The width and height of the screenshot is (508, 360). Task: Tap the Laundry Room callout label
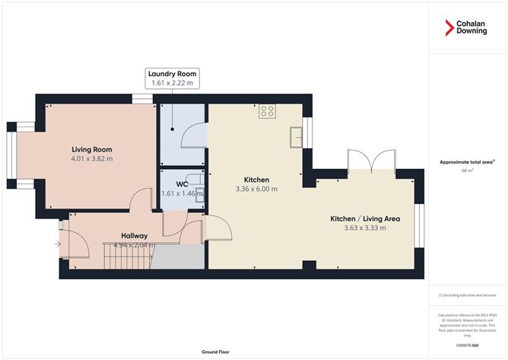172,78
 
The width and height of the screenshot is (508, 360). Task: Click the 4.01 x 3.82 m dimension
92,159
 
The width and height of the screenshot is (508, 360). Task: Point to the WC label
182,183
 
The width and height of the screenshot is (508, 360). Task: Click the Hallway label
134,235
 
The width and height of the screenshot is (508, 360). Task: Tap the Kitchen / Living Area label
365,218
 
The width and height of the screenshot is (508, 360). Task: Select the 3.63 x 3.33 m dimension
365,228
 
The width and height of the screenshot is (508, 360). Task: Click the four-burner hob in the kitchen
267,111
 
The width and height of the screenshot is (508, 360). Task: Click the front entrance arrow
58,244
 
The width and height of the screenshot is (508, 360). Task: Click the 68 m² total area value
468,170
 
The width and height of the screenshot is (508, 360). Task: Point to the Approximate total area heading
466,161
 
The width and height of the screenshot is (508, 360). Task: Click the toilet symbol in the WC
199,192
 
